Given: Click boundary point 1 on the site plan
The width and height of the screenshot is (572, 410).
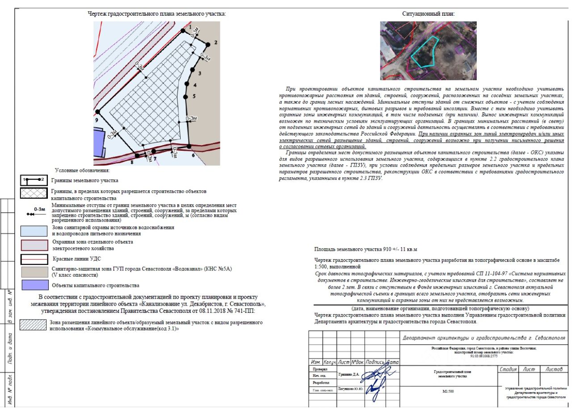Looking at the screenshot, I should click(x=183, y=30).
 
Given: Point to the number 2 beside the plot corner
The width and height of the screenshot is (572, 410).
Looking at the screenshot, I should click(x=215, y=43).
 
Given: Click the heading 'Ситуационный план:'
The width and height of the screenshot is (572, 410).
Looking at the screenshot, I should click(x=428, y=14).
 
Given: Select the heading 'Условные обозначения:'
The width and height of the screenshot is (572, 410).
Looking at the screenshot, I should click(x=82, y=171).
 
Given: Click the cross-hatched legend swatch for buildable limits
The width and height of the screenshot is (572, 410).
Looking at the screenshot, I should click(x=34, y=193).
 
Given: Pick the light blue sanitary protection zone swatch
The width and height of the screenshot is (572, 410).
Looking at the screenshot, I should click(x=34, y=231).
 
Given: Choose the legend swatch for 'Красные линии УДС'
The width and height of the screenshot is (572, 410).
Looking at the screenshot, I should click(x=34, y=260).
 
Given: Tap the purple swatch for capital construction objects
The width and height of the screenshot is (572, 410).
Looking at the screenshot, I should click(x=34, y=285).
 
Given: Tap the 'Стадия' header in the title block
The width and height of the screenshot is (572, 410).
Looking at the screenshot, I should click(x=508, y=369).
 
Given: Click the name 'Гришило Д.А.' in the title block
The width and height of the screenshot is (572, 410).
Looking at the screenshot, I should click(x=349, y=374).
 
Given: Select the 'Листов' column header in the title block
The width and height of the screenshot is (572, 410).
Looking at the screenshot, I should click(x=554, y=369).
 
